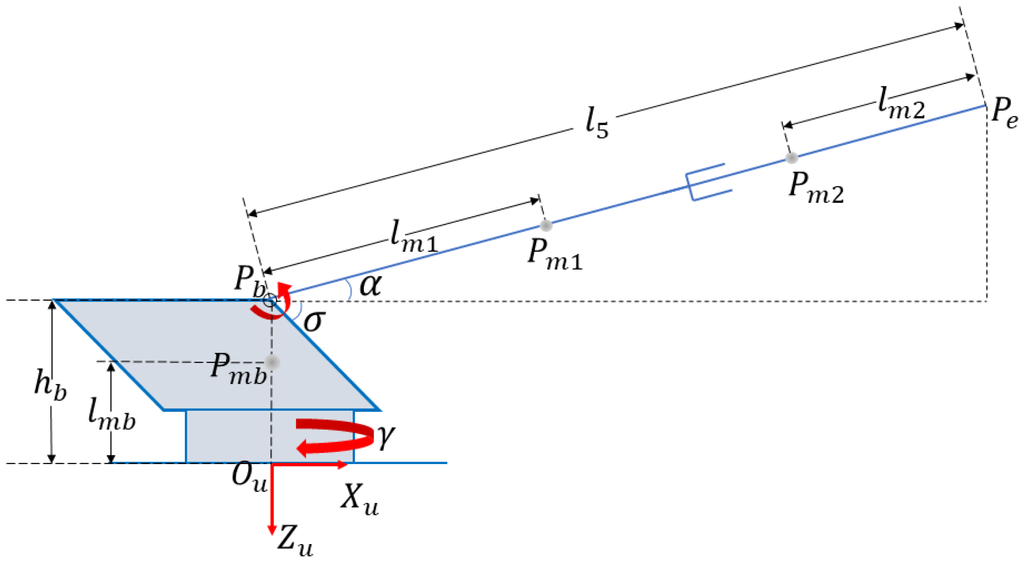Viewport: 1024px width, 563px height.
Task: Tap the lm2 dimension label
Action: click(901, 102)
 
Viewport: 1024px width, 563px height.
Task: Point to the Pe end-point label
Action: click(1004, 113)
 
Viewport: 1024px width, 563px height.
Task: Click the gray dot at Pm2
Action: click(792, 158)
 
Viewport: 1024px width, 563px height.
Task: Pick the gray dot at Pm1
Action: click(546, 225)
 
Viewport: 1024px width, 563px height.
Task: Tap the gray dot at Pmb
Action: click(272, 362)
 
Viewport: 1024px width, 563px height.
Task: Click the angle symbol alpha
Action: click(370, 285)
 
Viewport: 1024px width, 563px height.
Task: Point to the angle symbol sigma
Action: click(314, 321)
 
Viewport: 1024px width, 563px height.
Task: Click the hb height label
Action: click(50, 385)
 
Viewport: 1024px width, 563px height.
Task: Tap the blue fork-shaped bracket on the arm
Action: click(706, 182)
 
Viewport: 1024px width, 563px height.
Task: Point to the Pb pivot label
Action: click(249, 281)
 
